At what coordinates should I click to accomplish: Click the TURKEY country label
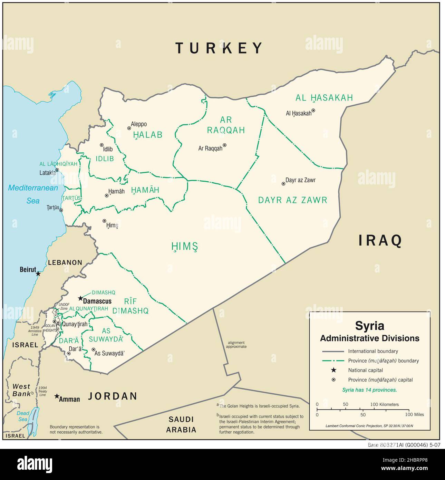click(x=219, y=48)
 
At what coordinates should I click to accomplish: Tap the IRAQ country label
click(x=380, y=240)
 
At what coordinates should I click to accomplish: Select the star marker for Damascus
click(x=80, y=298)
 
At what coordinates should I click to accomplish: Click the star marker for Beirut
click(x=38, y=273)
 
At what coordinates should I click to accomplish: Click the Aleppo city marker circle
click(x=129, y=128)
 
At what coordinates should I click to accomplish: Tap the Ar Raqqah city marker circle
click(x=224, y=145)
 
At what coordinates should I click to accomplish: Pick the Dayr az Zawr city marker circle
click(x=283, y=184)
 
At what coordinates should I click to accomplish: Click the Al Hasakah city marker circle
click(x=313, y=111)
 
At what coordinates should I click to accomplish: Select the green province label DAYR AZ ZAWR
click(x=292, y=200)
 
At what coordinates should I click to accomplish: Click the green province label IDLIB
click(x=105, y=159)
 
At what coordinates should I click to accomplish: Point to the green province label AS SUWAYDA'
click(x=106, y=335)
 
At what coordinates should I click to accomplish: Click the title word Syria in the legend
click(x=369, y=326)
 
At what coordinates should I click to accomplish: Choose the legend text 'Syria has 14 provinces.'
click(x=369, y=390)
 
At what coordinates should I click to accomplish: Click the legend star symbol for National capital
click(x=333, y=370)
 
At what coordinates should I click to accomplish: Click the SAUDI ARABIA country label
click(x=181, y=425)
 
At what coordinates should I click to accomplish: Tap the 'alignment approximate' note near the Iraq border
click(x=237, y=344)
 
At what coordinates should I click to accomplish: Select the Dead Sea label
click(x=23, y=416)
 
